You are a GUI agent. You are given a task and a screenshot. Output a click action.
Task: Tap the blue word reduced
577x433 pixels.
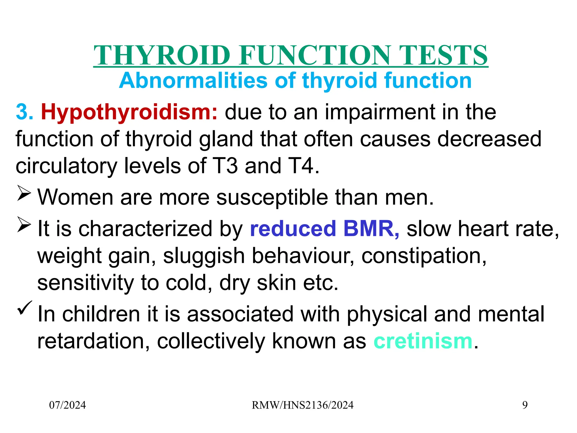pyautogui.click(x=293, y=229)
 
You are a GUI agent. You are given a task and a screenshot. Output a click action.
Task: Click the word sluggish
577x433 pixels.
pyautogui.click(x=204, y=256)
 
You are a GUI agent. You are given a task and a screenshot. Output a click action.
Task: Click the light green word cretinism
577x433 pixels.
pyautogui.click(x=423, y=341)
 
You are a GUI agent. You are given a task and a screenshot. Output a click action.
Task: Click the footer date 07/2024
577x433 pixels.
pyautogui.click(x=67, y=405)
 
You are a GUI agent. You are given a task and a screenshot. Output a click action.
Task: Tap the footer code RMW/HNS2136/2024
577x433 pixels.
pyautogui.click(x=302, y=405)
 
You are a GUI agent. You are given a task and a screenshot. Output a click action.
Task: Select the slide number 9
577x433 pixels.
pyautogui.click(x=525, y=405)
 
